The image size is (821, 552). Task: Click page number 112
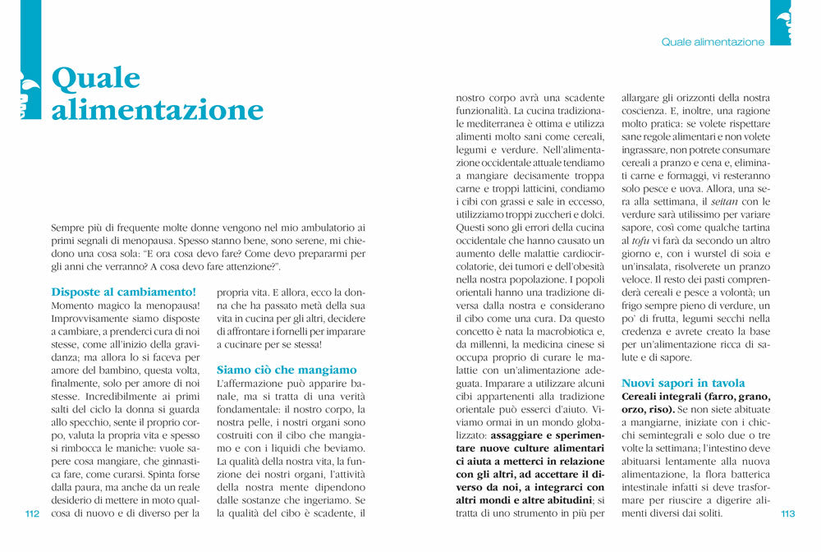point(33,514)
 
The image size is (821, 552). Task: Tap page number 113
point(788,514)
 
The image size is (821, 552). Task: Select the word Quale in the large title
point(96,78)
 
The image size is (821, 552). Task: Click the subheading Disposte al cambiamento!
point(124,292)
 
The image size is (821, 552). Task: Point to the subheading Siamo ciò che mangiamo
point(287,370)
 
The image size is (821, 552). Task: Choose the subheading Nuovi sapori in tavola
point(683,383)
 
